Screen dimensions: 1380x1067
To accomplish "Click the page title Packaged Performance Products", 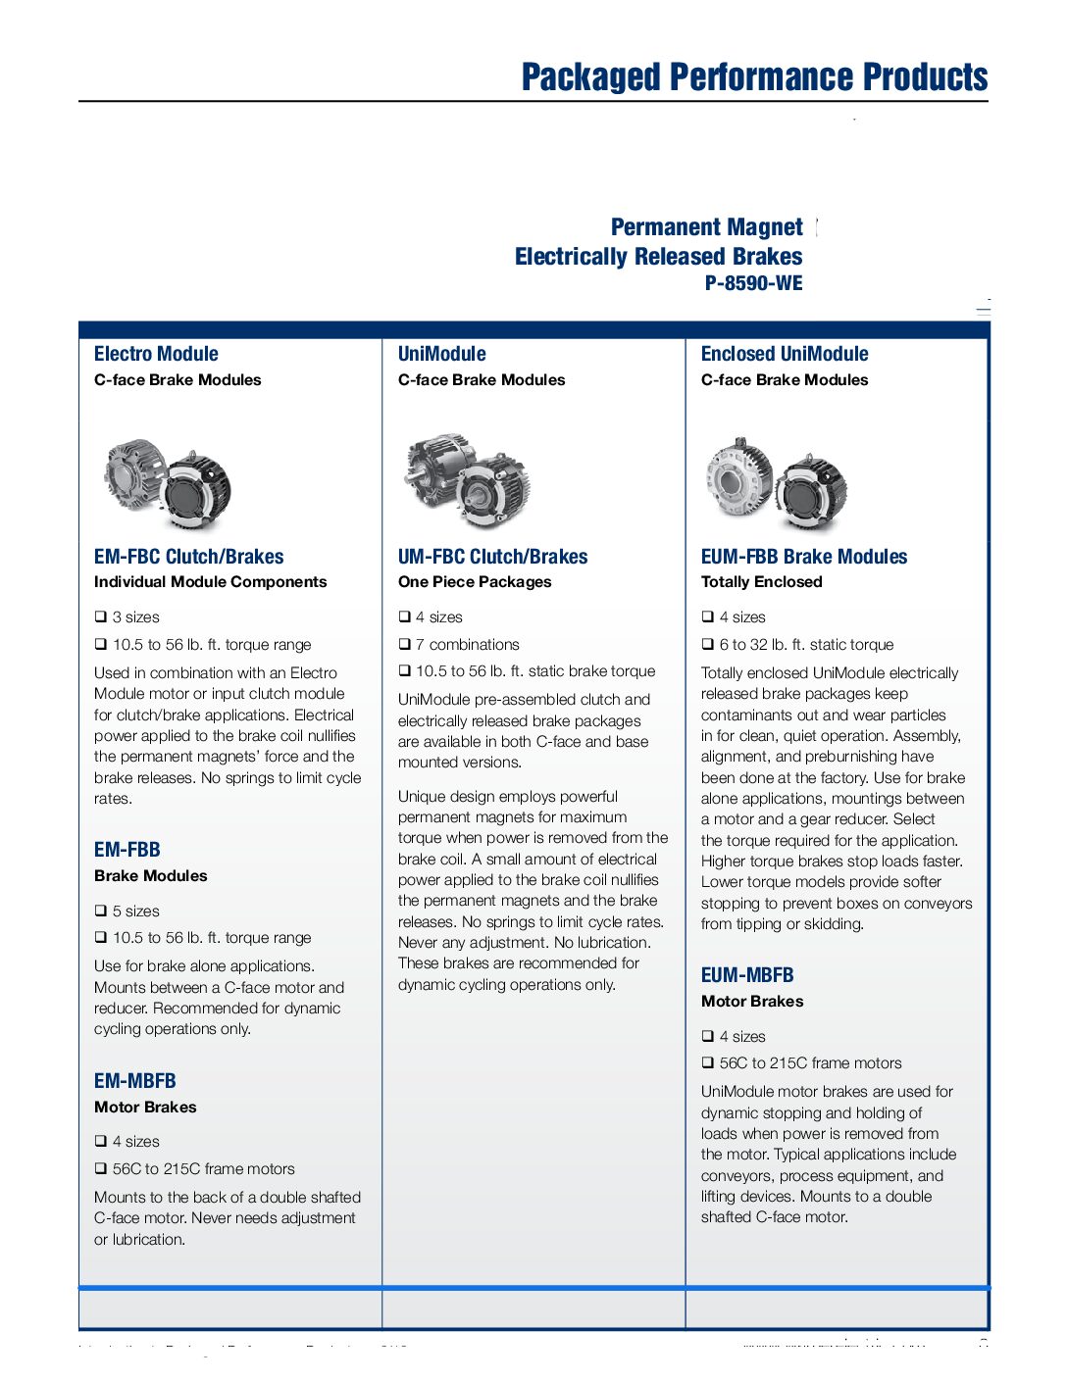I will pyautogui.click(x=754, y=77).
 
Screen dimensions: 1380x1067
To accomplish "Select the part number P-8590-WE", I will pyautogui.click(x=753, y=283).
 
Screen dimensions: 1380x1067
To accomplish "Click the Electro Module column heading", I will pyautogui.click(x=156, y=354).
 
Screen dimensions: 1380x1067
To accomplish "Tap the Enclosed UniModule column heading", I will pyautogui.click(x=785, y=354).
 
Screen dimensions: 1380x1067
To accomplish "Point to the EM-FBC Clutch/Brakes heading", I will pyautogui.click(x=188, y=557).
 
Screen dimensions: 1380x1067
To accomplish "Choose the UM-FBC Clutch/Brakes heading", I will pyautogui.click(x=492, y=557).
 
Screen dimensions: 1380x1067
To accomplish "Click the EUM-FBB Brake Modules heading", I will pyautogui.click(x=804, y=557).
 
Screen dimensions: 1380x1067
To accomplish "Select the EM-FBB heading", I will pyautogui.click(x=127, y=850).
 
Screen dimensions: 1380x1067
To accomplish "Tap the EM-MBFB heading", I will pyautogui.click(x=134, y=1081).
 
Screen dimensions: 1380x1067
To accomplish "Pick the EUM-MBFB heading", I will pyautogui.click(x=747, y=975).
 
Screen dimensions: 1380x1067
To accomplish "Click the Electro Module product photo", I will pyautogui.click(x=168, y=485).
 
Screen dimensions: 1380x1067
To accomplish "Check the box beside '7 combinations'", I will pyautogui.click(x=405, y=644).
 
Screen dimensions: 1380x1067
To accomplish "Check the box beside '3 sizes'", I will pyautogui.click(x=101, y=616).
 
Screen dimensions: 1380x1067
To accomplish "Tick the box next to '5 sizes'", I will pyautogui.click(x=101, y=911).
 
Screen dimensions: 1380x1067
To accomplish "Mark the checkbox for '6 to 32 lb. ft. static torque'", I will pyautogui.click(x=708, y=644).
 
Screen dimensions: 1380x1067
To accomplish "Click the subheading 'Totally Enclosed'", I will pyautogui.click(x=761, y=582).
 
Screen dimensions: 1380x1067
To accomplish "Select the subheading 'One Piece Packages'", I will pyautogui.click(x=475, y=582).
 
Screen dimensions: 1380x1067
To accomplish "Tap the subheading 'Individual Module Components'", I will pyautogui.click(x=210, y=582).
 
